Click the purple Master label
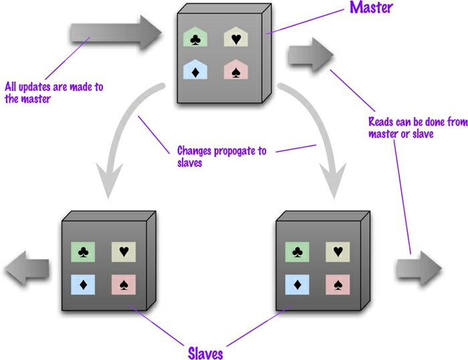(x=370, y=9)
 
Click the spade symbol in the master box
(x=235, y=72)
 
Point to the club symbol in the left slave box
(x=84, y=252)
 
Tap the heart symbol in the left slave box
(x=123, y=252)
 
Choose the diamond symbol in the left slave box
(x=84, y=284)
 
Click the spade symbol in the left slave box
(x=123, y=284)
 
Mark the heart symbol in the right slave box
(x=337, y=252)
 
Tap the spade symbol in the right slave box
(x=337, y=284)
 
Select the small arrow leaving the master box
(x=310, y=54)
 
